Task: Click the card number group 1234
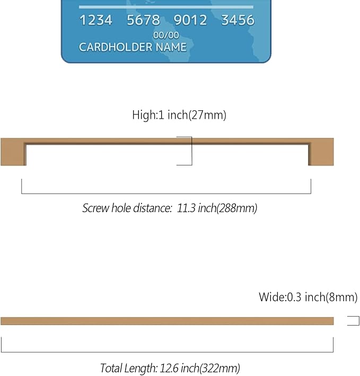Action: pyautogui.click(x=96, y=20)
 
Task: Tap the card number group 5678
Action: pyautogui.click(x=143, y=20)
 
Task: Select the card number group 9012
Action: pyautogui.click(x=190, y=20)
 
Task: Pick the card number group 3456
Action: pyautogui.click(x=238, y=20)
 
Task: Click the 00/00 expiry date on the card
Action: pyautogui.click(x=166, y=35)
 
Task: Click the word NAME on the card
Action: pyautogui.click(x=171, y=47)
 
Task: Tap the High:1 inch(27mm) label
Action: pyautogui.click(x=179, y=115)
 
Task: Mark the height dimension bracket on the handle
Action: pyautogui.click(x=192, y=151)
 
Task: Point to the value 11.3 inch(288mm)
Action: pyautogui.click(x=217, y=208)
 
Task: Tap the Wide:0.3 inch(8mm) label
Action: pyautogui.click(x=308, y=297)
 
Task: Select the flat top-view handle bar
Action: pyautogui.click(x=167, y=321)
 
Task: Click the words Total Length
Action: pyautogui.click(x=128, y=368)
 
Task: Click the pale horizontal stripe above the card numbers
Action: pyautogui.click(x=166, y=7)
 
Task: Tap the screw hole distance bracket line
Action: pyautogui.click(x=166, y=194)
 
